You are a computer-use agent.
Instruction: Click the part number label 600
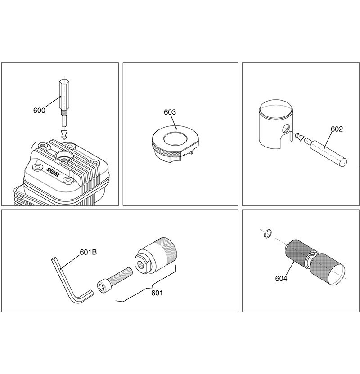click(x=39, y=111)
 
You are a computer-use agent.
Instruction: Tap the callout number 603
click(x=170, y=112)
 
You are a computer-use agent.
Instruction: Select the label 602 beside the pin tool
click(x=337, y=129)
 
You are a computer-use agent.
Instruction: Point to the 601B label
click(x=88, y=252)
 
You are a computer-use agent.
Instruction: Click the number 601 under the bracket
click(x=157, y=293)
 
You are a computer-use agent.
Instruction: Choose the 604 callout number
click(x=281, y=278)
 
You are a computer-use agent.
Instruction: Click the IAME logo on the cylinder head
click(x=53, y=172)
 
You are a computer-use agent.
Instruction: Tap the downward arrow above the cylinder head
click(x=64, y=134)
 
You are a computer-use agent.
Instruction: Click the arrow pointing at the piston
click(x=299, y=137)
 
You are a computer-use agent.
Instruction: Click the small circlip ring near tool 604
click(x=267, y=234)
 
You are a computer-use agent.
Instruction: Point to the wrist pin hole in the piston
click(x=286, y=128)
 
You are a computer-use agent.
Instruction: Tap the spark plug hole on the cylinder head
click(x=64, y=156)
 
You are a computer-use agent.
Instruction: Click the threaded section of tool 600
click(x=64, y=112)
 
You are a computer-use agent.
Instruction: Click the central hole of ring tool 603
click(x=175, y=138)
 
